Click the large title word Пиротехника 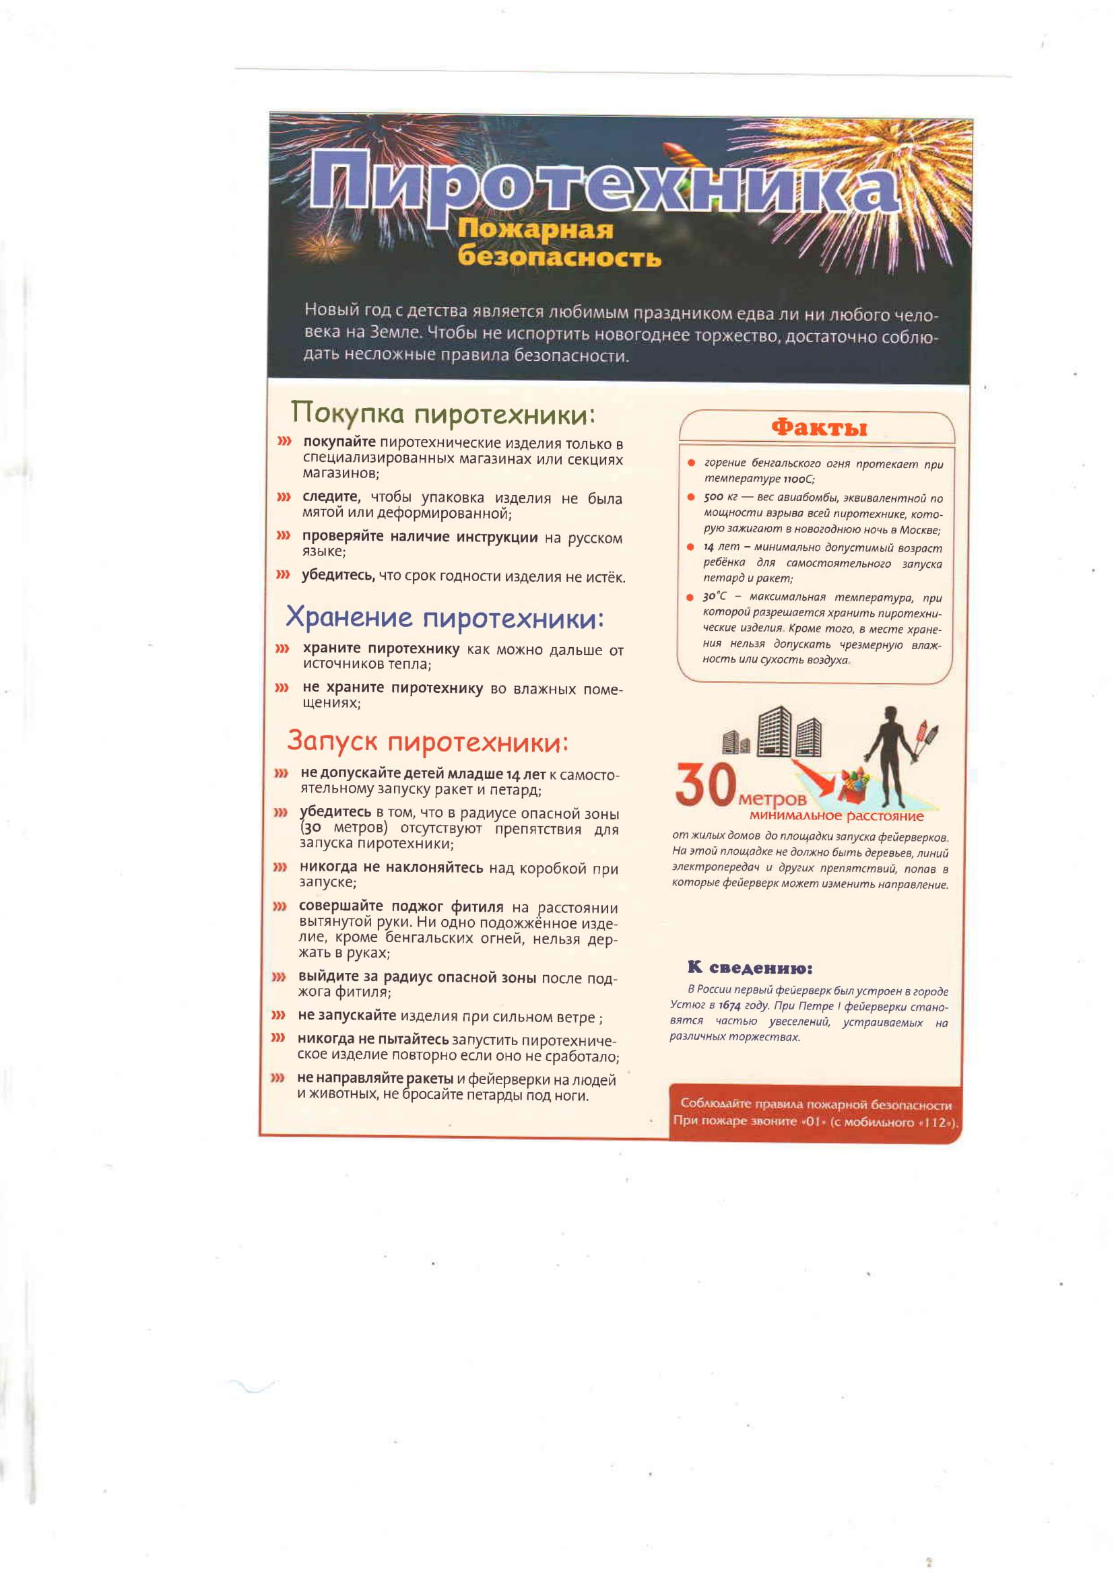(603, 187)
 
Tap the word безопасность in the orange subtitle (559, 257)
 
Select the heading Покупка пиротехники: (443, 413)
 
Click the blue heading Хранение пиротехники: (445, 618)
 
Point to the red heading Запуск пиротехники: (428, 741)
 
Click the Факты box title (819, 428)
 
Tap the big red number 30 (706, 786)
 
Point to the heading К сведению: (750, 968)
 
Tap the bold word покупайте (339, 443)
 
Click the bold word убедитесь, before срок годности (339, 576)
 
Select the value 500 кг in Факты (719, 498)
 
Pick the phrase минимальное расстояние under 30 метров (837, 816)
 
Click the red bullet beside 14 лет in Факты (691, 547)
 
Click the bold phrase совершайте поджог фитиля (401, 907)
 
